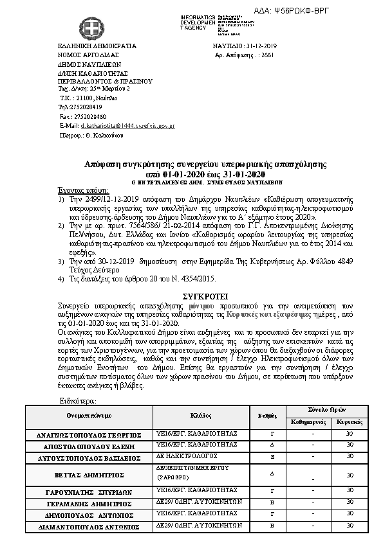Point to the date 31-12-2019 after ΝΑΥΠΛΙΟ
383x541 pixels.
point(261,47)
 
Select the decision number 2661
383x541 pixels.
point(266,56)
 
